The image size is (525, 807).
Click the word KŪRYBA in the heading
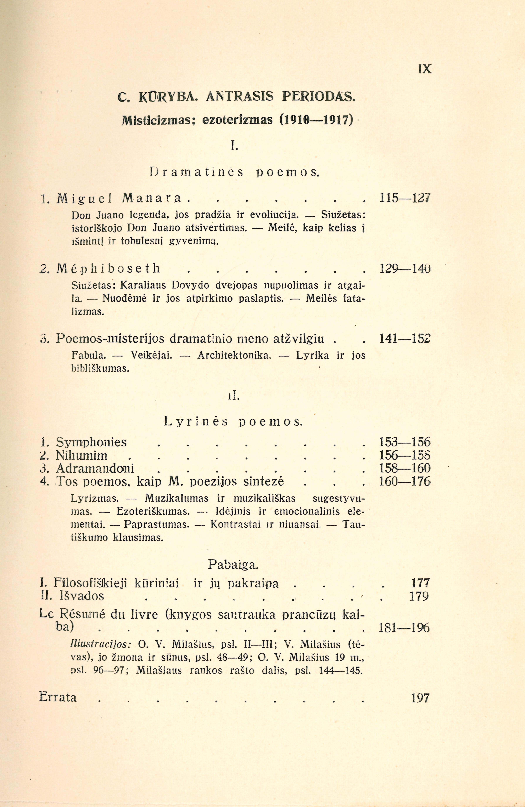click(x=166, y=97)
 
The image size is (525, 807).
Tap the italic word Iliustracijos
click(x=101, y=644)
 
